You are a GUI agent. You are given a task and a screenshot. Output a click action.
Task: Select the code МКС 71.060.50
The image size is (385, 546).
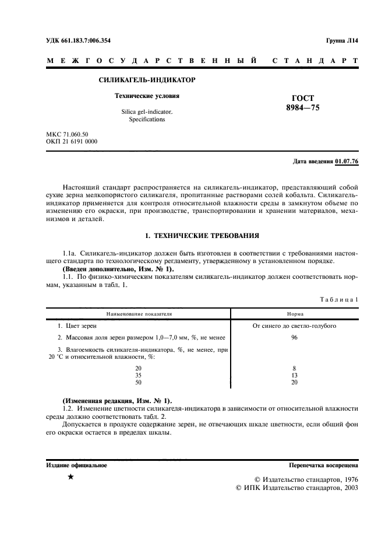click(67, 134)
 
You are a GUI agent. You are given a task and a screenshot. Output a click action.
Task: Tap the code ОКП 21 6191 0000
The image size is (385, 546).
click(72, 142)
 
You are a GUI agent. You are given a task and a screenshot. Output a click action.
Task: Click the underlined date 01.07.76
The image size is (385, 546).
click(347, 161)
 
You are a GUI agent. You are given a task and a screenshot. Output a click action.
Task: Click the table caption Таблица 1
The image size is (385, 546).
click(339, 299)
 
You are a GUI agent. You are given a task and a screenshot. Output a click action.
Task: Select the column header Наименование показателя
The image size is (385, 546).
click(139, 313)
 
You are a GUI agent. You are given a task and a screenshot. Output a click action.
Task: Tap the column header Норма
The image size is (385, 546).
click(295, 313)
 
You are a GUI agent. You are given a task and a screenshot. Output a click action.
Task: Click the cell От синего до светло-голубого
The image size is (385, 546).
click(294, 325)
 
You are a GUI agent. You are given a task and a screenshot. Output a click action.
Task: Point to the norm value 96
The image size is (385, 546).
click(294, 338)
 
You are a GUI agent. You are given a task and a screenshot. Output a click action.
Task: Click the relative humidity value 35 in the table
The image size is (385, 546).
click(138, 376)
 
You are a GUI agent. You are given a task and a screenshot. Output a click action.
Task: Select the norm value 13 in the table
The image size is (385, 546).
click(294, 376)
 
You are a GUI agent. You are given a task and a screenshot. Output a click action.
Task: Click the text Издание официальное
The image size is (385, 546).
click(76, 466)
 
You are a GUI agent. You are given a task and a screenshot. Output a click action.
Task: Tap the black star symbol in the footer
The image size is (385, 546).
click(70, 477)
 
